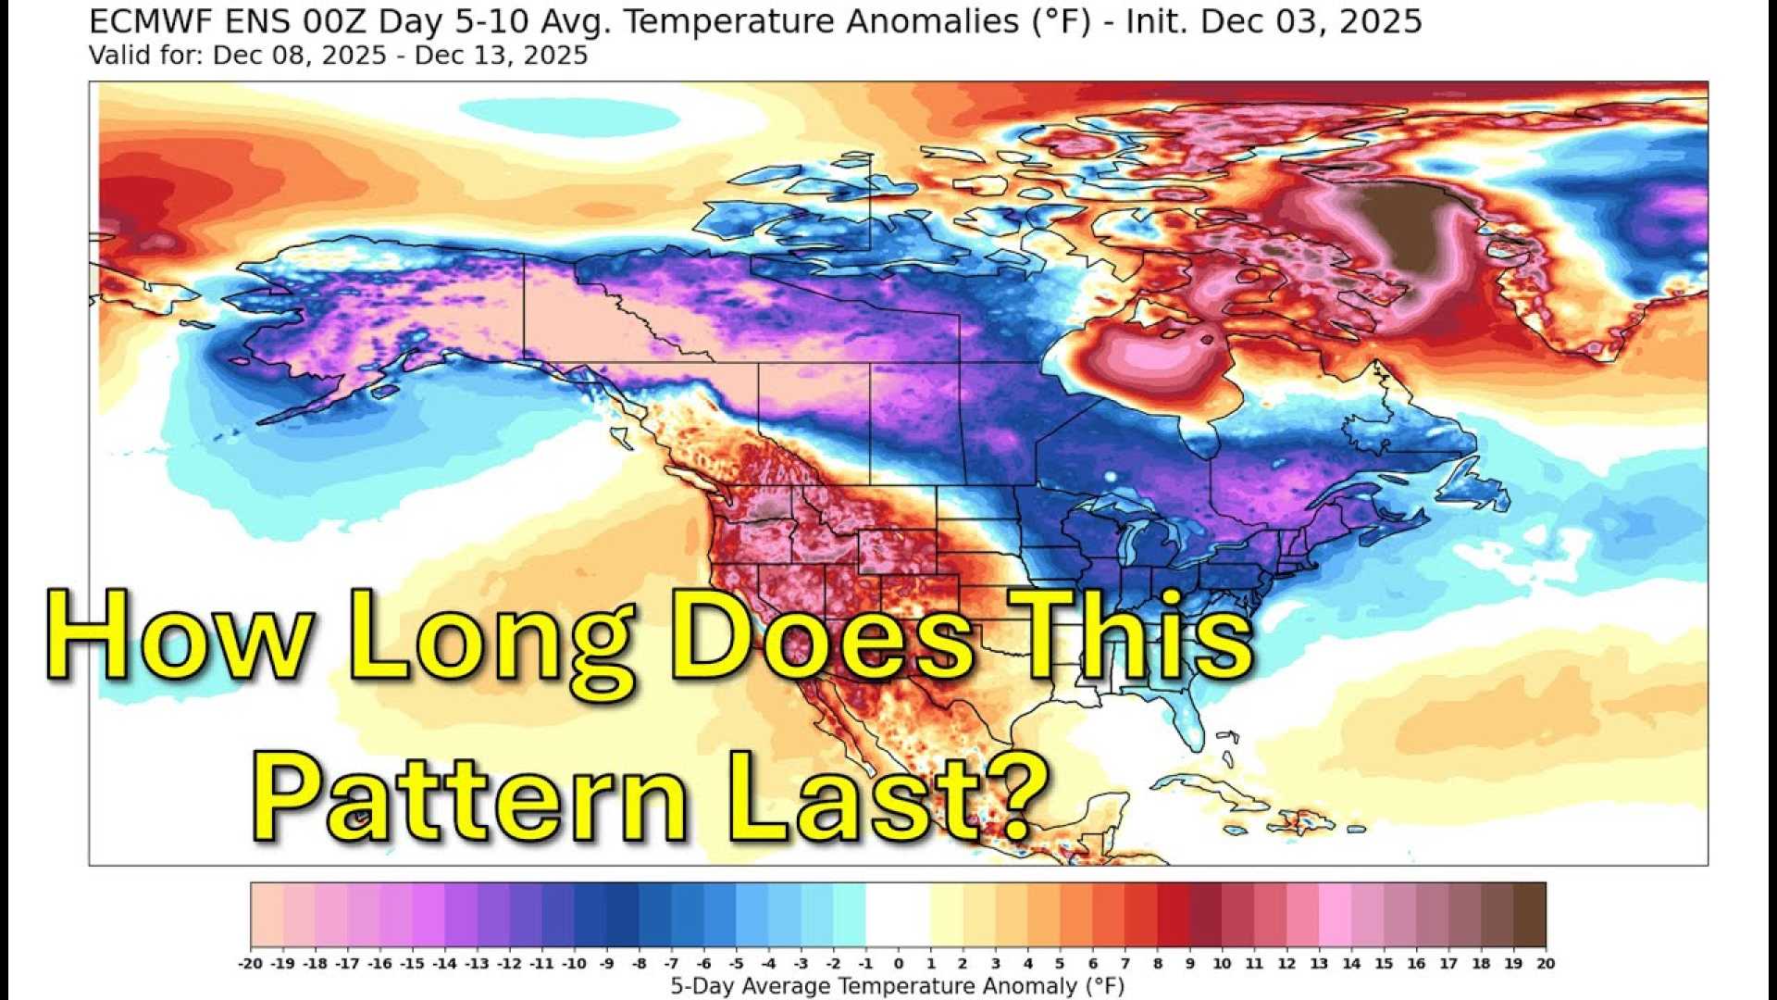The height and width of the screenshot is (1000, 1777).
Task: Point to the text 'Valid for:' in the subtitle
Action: (x=146, y=56)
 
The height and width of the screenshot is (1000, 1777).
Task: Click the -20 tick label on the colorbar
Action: (x=250, y=963)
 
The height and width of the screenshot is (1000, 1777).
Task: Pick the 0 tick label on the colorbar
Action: (x=898, y=963)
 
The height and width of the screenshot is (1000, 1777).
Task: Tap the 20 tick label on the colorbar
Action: (x=1546, y=963)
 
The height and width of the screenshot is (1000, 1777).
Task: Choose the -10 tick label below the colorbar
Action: (x=574, y=963)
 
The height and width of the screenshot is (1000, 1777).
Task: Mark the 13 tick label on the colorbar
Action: (x=1319, y=963)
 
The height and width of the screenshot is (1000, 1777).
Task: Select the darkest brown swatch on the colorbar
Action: (x=1529, y=914)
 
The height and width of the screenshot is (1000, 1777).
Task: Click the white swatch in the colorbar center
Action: (x=898, y=914)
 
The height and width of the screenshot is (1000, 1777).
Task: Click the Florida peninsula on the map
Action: (x=1189, y=718)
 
